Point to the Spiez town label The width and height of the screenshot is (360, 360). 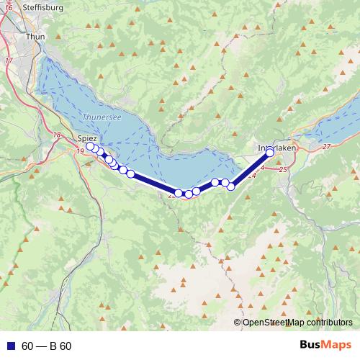point(87,137)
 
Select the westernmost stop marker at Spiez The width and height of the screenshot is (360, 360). point(90,147)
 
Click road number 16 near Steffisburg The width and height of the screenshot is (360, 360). point(9,6)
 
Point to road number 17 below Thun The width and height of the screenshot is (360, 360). point(9,60)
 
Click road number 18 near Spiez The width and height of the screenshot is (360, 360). point(57,135)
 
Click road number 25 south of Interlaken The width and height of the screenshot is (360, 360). point(282,169)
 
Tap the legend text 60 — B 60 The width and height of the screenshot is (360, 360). point(46,346)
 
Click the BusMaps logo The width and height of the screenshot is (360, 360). point(325,346)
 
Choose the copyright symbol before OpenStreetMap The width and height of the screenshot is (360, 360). point(238,322)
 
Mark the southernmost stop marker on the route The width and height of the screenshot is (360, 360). point(189,194)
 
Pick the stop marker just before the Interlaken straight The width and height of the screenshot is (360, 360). point(231,186)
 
